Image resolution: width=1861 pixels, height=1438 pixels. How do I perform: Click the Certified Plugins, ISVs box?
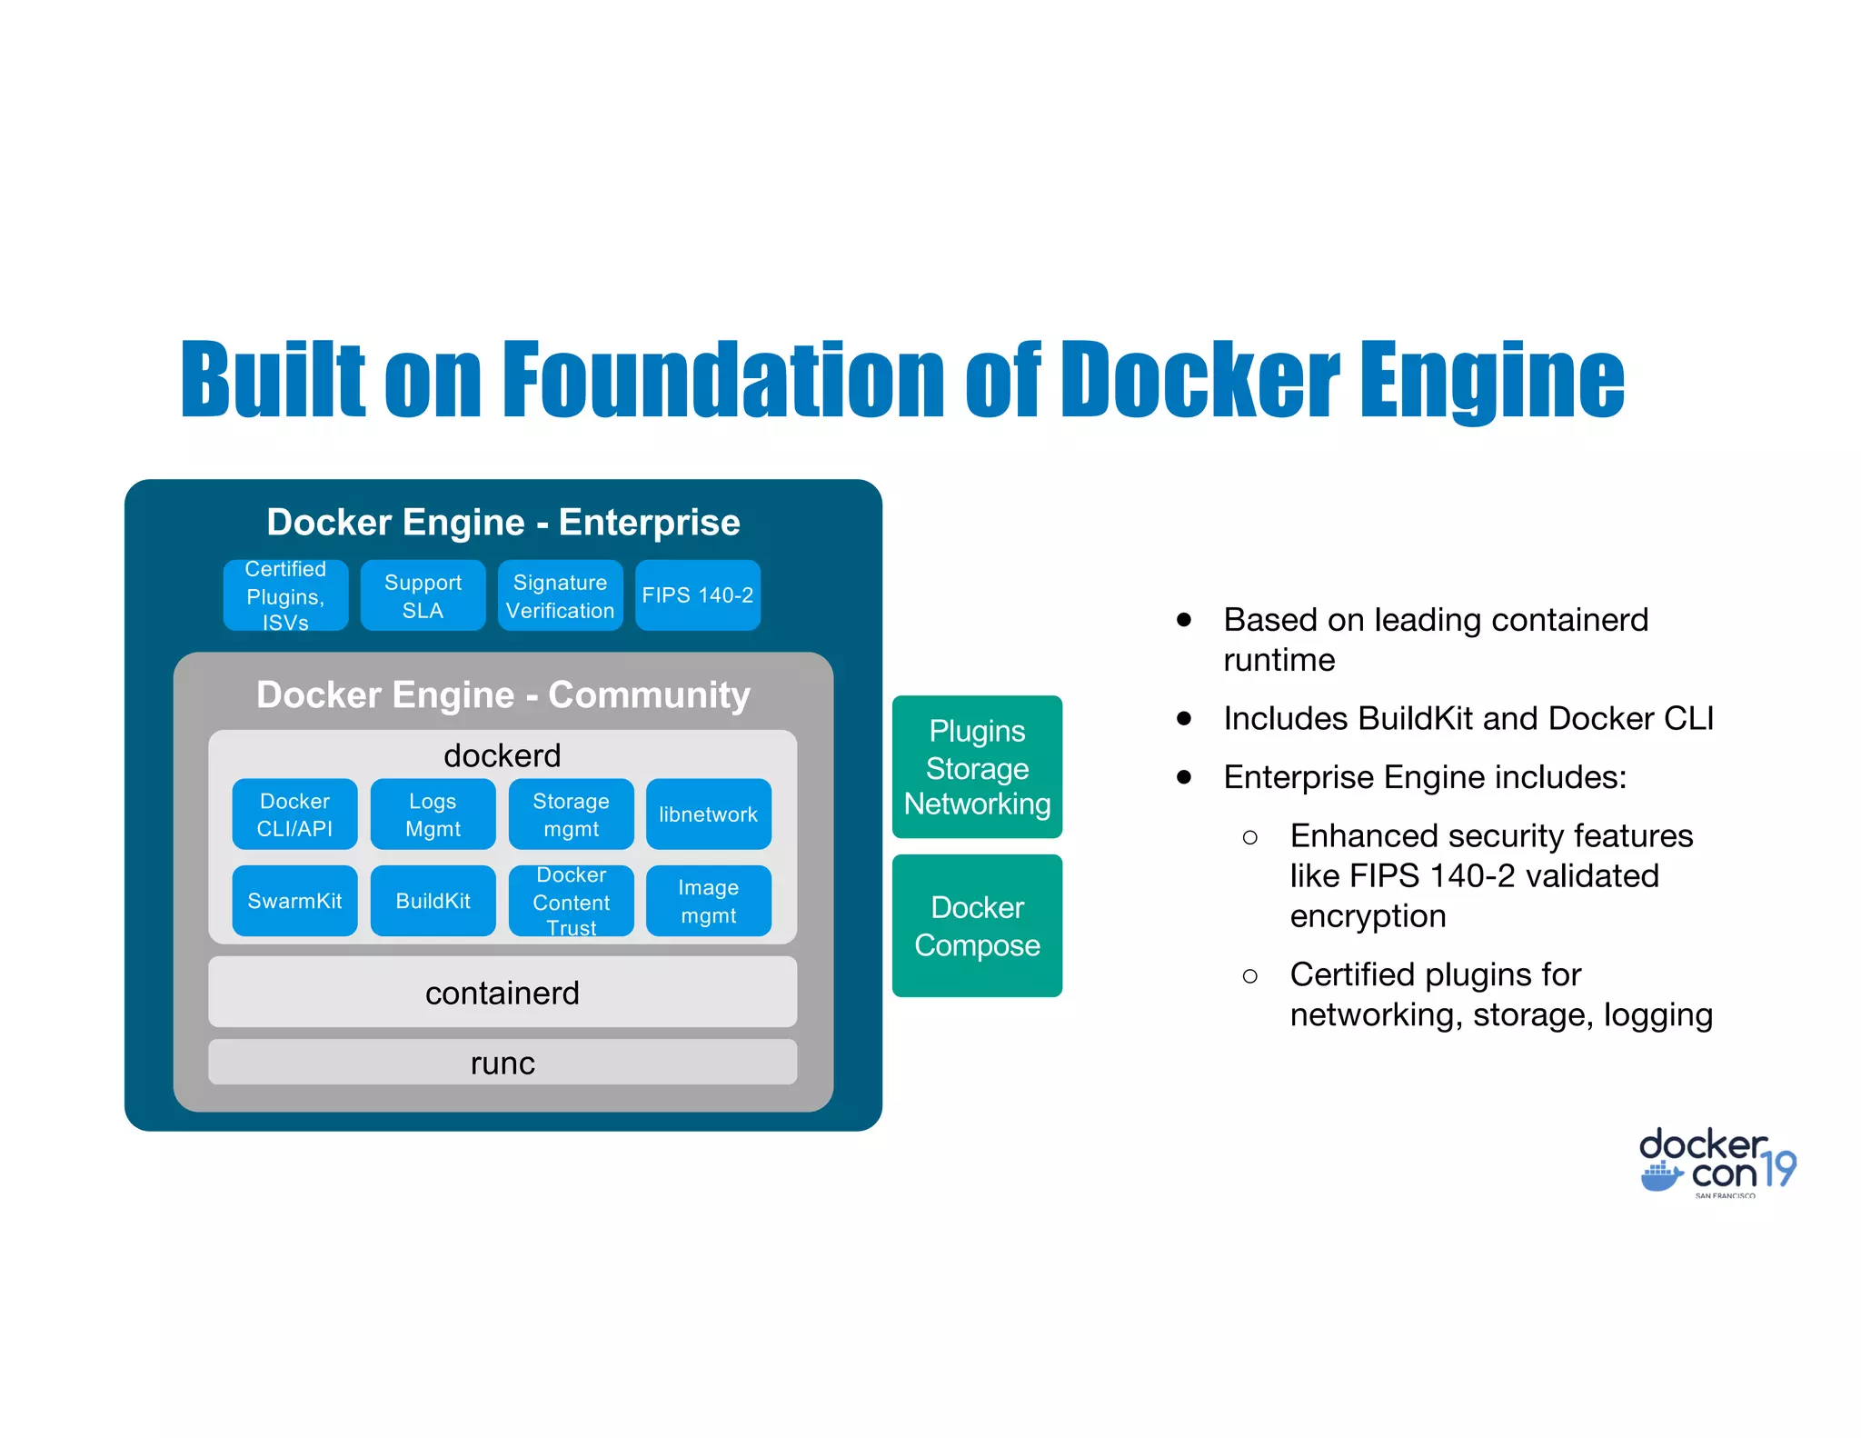(285, 595)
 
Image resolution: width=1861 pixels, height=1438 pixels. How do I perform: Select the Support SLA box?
(423, 595)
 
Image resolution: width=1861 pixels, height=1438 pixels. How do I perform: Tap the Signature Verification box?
(560, 595)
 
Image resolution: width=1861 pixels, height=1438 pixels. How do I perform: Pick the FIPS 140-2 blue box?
(697, 595)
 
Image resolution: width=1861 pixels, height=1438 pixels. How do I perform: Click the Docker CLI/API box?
(294, 814)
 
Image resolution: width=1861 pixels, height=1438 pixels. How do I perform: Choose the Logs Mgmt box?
(433, 814)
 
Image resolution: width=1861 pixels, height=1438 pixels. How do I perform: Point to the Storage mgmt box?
(571, 814)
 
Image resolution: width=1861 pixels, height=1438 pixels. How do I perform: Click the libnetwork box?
(708, 814)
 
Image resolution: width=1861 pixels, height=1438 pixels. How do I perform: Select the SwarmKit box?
(294, 901)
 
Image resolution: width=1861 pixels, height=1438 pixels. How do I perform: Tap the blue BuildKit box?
(433, 901)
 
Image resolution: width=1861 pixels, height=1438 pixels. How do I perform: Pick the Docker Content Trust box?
(571, 901)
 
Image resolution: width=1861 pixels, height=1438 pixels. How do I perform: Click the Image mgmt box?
(708, 901)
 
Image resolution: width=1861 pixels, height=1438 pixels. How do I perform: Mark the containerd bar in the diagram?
(503, 992)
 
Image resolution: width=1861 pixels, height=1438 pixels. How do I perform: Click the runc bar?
(503, 1062)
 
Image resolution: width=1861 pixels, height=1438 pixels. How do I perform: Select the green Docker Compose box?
(977, 925)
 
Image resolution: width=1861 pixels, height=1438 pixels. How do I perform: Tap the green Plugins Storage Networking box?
(977, 766)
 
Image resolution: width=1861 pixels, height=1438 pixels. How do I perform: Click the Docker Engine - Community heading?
(503, 694)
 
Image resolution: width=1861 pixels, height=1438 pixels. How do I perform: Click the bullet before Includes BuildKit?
(1183, 718)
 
